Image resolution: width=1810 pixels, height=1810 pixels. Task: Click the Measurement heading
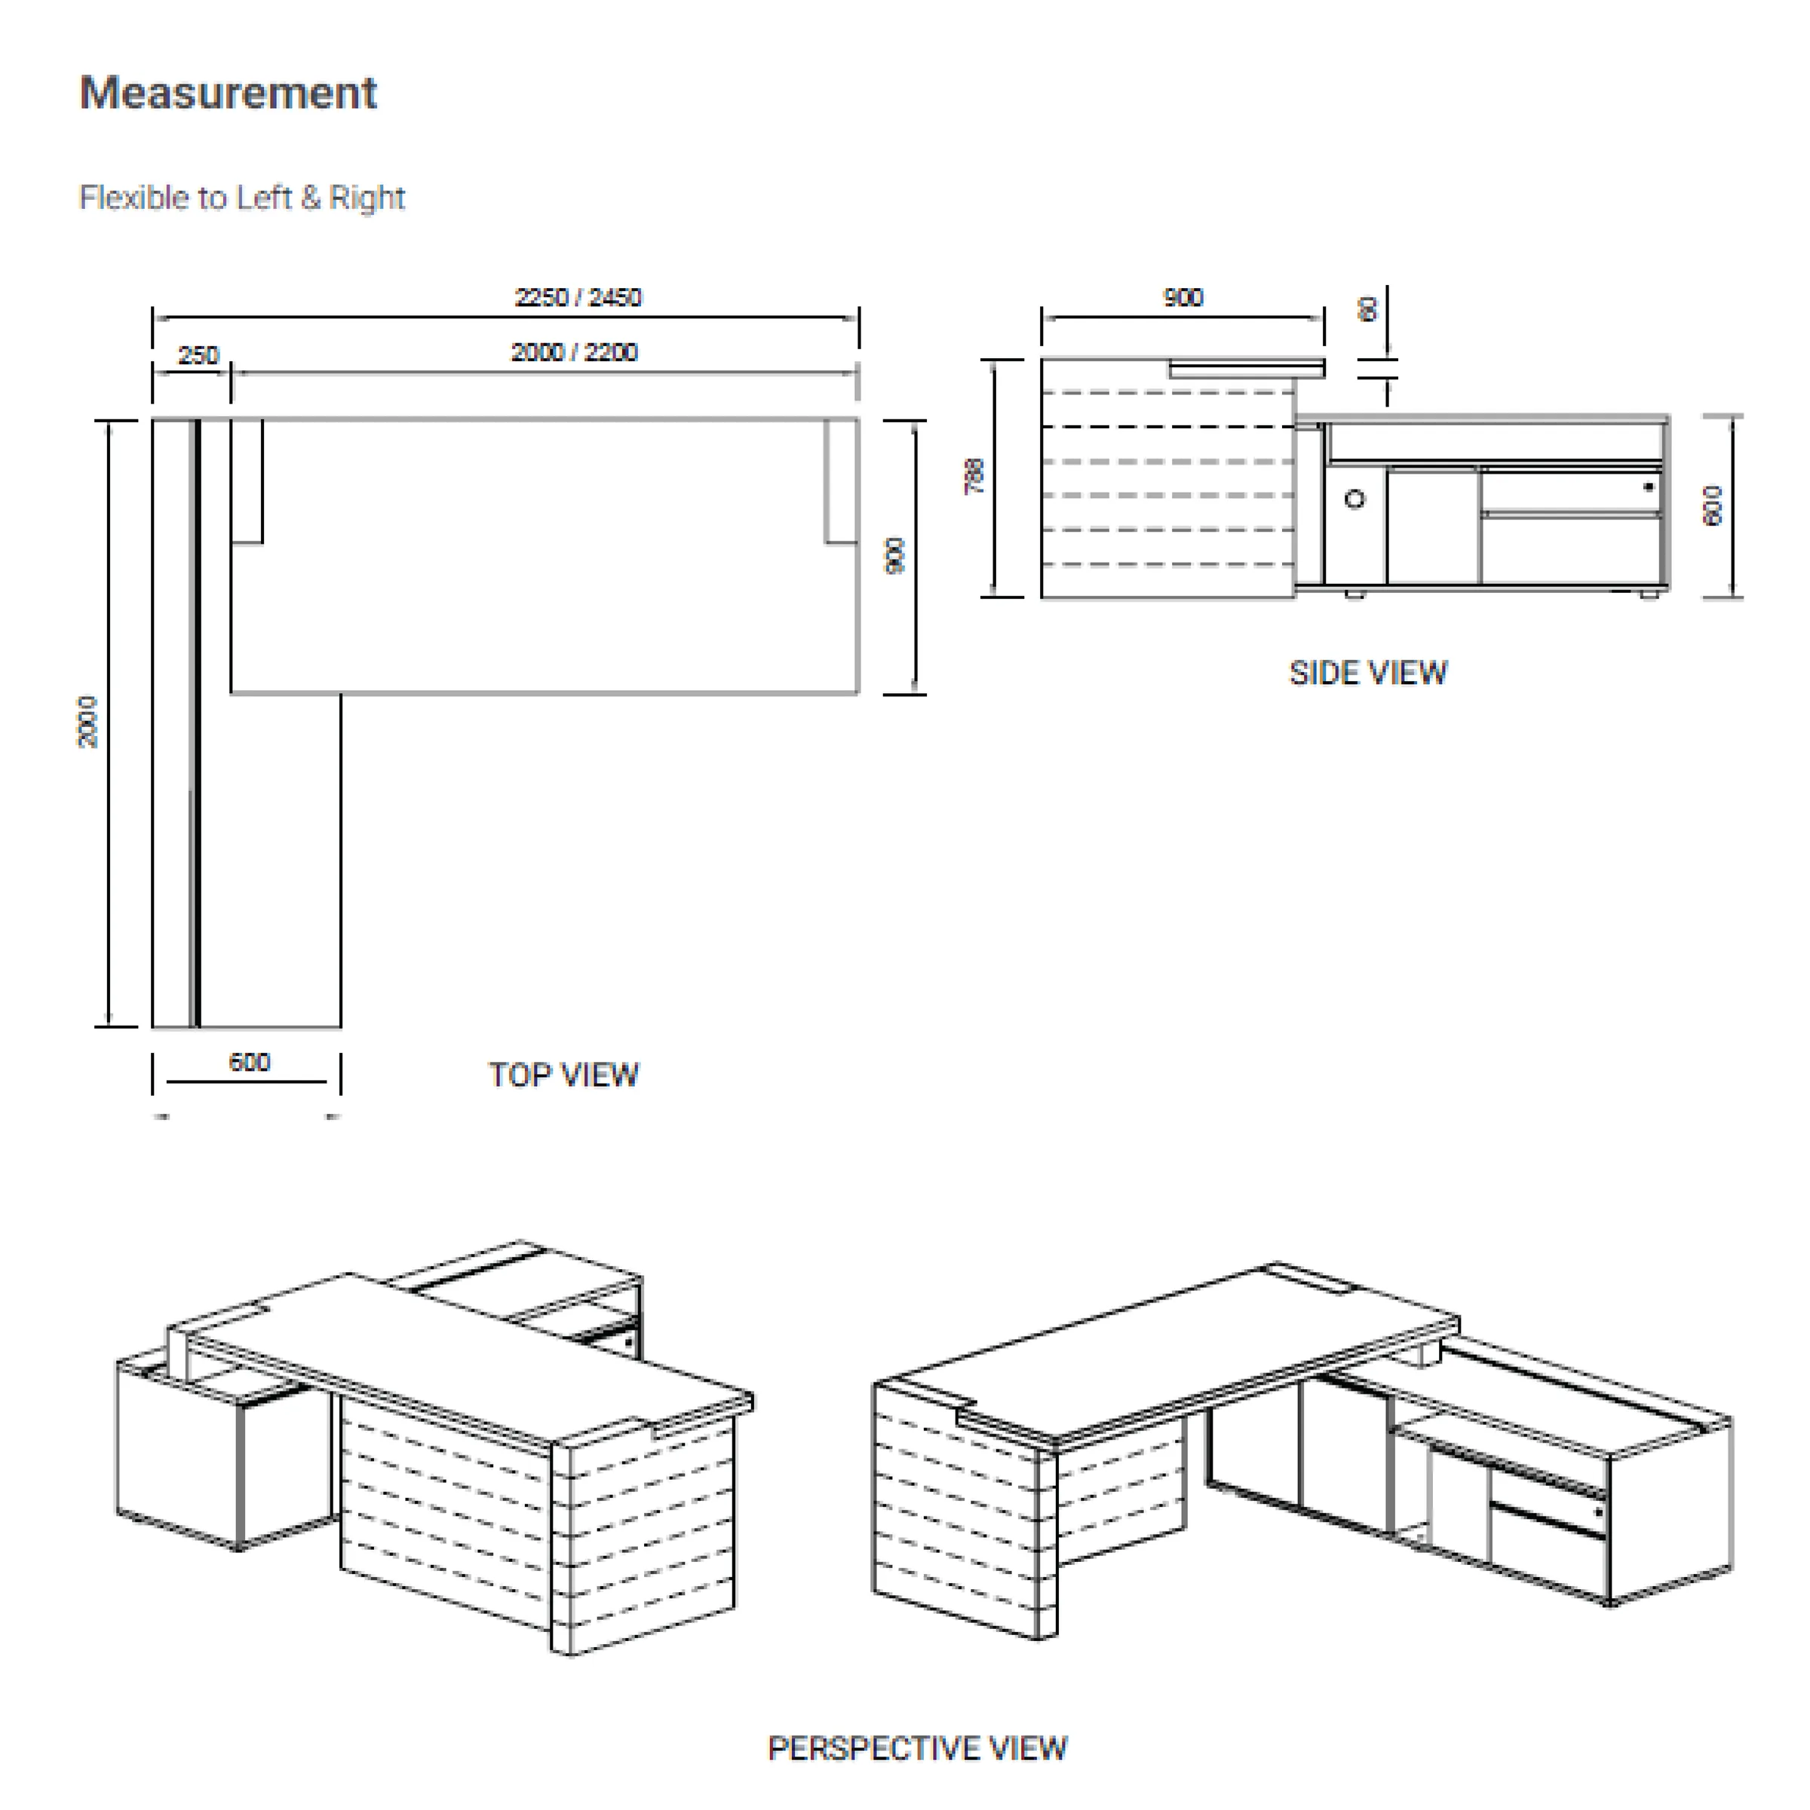click(228, 93)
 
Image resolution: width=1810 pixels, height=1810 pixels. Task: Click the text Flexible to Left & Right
click(241, 198)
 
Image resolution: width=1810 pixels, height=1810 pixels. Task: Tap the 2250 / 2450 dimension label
click(578, 297)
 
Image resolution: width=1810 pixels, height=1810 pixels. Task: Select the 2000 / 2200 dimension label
click(573, 352)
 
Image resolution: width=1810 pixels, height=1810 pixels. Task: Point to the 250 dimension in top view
click(198, 355)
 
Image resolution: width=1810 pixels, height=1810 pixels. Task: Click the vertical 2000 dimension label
click(87, 722)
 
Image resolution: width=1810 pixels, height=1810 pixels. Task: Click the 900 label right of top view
click(894, 556)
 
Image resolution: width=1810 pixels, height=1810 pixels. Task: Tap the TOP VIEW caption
click(564, 1075)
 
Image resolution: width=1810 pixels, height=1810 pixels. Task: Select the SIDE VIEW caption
click(1368, 673)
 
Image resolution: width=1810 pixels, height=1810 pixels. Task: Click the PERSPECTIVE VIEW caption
click(917, 1748)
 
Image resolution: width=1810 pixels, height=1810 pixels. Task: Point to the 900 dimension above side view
click(1183, 298)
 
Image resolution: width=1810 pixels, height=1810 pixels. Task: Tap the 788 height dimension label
click(974, 476)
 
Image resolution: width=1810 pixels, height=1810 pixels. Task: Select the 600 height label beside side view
click(1713, 506)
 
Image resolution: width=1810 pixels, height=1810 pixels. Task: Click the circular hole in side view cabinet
click(1354, 499)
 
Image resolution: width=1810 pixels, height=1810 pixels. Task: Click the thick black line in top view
click(196, 722)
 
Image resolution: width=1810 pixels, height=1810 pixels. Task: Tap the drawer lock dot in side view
click(1648, 486)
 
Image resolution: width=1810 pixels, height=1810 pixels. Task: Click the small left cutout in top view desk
click(247, 480)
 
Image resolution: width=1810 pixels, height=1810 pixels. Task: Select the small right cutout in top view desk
click(840, 480)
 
